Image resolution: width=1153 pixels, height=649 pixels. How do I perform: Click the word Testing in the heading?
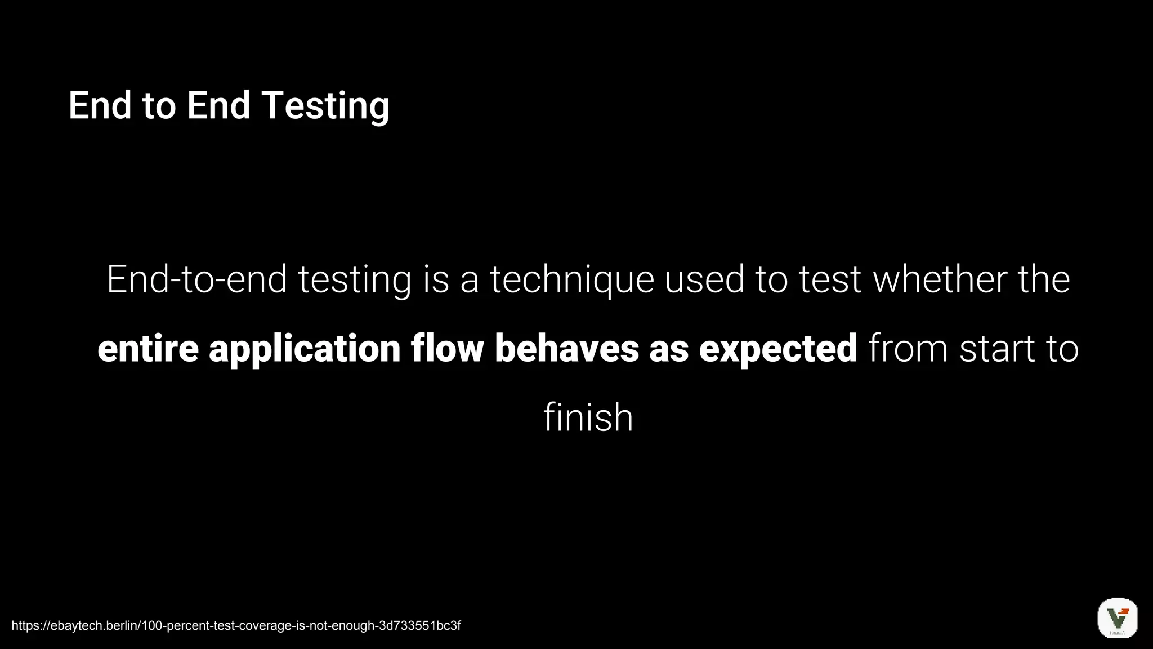click(325, 106)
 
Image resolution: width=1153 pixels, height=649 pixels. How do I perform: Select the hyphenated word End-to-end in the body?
click(196, 279)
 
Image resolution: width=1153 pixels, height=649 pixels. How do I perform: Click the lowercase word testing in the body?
click(355, 281)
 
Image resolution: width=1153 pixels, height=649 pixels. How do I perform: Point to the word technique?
click(571, 281)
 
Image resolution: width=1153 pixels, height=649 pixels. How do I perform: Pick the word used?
click(704, 279)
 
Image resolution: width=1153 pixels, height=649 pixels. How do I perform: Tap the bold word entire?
click(148, 349)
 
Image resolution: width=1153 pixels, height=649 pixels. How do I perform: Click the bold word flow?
click(447, 349)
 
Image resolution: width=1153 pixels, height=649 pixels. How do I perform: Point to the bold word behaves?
click(566, 349)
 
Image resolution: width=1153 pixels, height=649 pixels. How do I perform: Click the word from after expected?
click(908, 349)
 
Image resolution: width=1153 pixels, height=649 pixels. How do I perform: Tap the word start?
click(997, 349)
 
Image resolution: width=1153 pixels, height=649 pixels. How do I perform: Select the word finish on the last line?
click(588, 418)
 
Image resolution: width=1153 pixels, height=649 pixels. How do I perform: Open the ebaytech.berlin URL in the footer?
click(236, 625)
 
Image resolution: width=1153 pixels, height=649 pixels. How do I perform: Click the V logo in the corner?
click(1117, 618)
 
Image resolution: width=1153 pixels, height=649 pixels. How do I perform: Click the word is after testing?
click(436, 279)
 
